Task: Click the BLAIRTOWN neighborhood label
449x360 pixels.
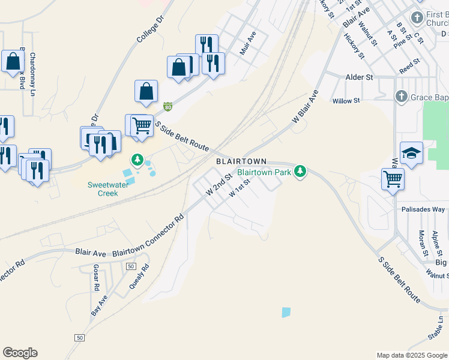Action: tap(241, 162)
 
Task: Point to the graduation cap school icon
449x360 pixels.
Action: tap(411, 153)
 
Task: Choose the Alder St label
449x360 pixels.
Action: tap(360, 77)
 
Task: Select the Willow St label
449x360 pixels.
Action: tap(346, 101)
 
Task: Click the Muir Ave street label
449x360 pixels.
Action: tap(248, 43)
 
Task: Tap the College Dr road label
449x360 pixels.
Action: tap(149, 28)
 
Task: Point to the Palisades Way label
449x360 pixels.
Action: tap(423, 209)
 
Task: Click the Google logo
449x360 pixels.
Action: tap(20, 353)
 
